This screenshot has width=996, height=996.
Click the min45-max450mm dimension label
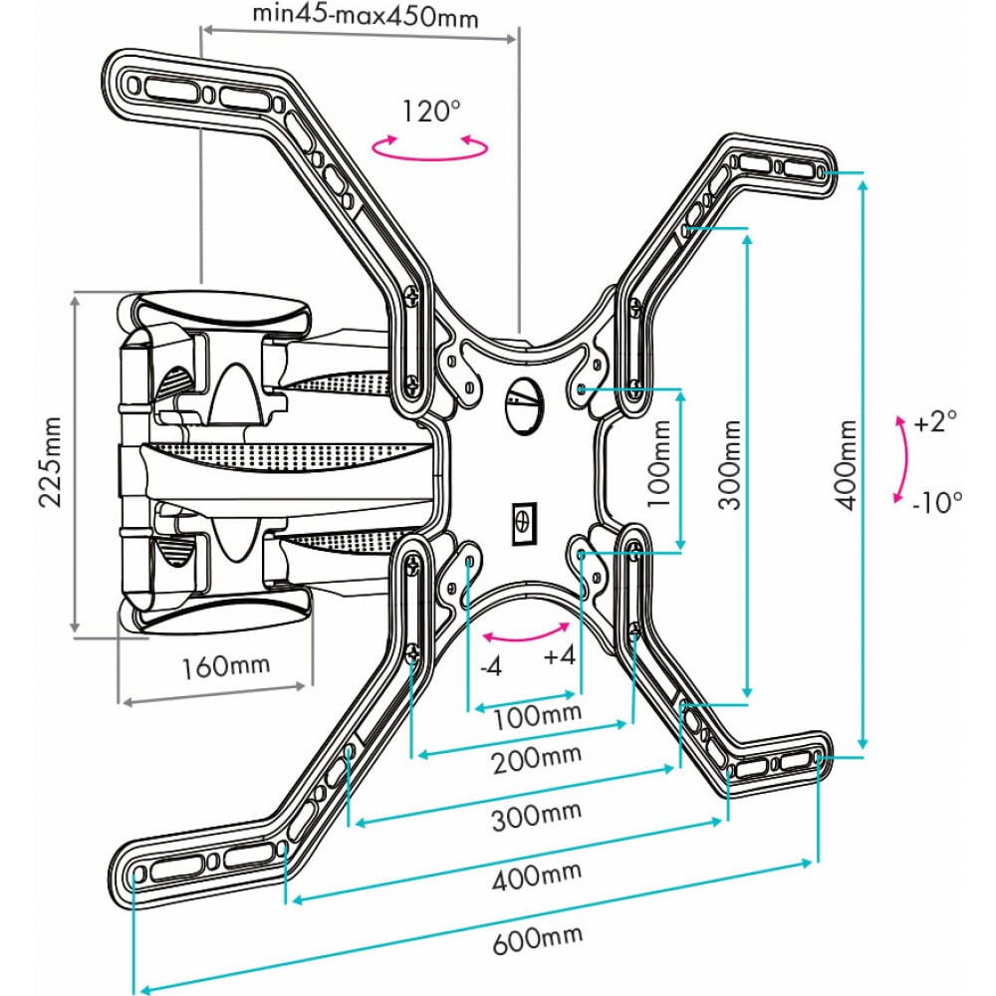pos(366,15)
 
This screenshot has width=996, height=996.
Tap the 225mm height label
pos(51,461)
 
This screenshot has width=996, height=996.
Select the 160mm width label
pos(225,666)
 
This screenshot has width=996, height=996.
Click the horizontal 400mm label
pos(537,875)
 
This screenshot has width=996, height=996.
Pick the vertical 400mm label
pos(846,465)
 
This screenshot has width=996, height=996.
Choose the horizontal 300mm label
pos(537,817)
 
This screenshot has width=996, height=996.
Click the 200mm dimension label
pos(537,758)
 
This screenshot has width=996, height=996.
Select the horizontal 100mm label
pos(538,716)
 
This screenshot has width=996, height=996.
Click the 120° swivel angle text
pos(430,112)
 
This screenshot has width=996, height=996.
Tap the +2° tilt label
pos(935,420)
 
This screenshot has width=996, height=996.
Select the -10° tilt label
pos(937,502)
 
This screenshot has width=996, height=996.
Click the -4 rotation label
pos(491,666)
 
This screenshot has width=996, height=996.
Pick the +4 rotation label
pos(560,655)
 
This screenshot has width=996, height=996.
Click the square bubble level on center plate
pos(524,523)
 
